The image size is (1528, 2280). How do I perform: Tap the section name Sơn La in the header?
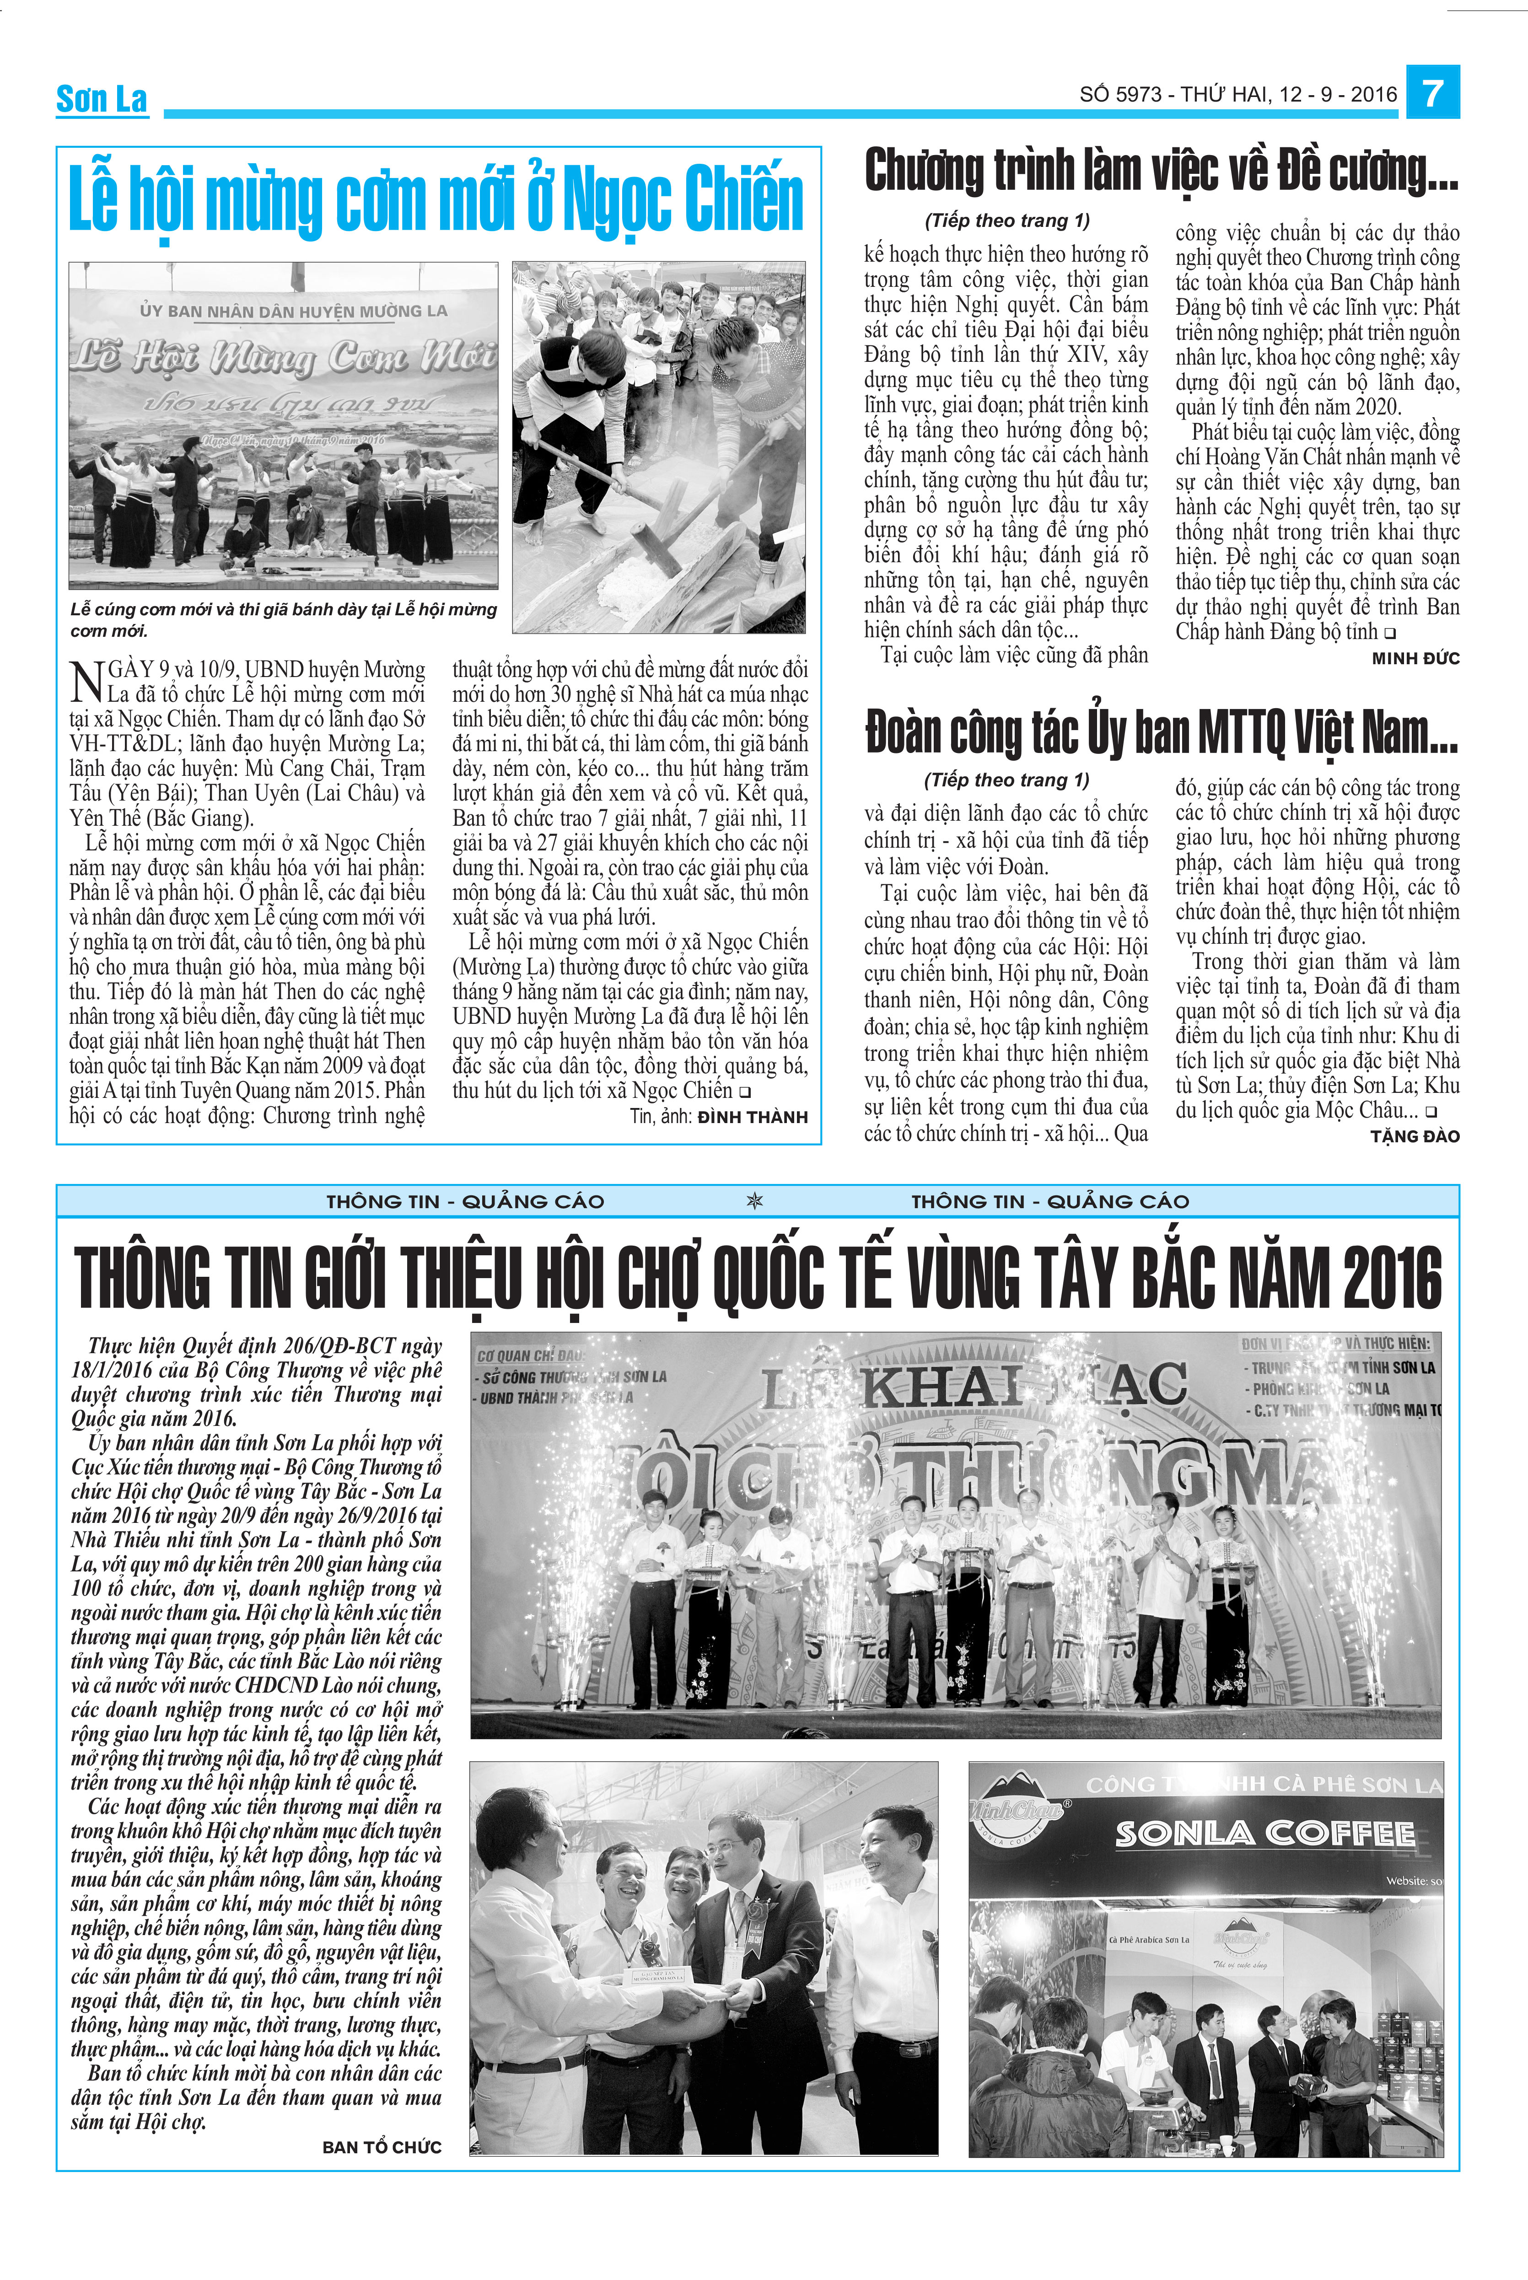point(102,98)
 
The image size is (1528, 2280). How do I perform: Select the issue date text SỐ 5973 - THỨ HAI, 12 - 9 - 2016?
point(1237,95)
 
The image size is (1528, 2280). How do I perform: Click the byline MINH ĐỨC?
point(1415,659)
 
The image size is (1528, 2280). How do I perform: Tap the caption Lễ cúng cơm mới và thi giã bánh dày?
point(283,618)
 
